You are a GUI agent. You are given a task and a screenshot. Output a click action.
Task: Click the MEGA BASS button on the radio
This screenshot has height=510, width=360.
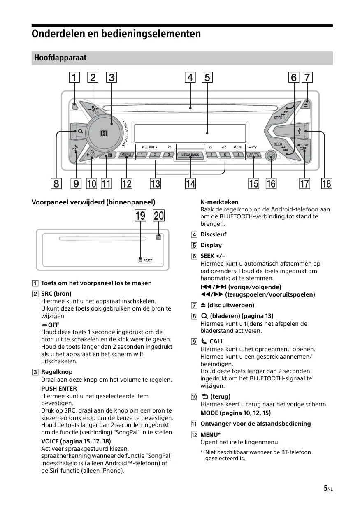pos(190,155)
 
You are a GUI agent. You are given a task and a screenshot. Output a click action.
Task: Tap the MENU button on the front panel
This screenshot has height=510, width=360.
pos(126,155)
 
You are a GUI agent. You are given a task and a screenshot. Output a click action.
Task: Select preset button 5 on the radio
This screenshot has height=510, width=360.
pos(225,155)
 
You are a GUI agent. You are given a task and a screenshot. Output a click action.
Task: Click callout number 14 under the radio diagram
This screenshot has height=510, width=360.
pos(190,183)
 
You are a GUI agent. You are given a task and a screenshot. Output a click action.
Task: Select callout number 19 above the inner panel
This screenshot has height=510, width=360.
pos(141,216)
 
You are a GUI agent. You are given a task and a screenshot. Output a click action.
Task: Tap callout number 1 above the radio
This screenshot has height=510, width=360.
pos(74,77)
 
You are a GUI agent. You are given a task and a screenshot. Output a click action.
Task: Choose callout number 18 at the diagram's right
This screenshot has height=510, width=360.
pos(326,183)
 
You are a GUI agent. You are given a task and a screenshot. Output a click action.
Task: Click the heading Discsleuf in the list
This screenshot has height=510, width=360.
pos(213,234)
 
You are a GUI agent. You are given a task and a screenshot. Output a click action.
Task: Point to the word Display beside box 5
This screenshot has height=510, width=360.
pos(211,245)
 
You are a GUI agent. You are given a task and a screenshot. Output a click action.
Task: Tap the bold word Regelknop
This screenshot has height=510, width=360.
pos(57,372)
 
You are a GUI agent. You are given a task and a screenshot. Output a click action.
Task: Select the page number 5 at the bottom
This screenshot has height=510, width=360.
pos(325,488)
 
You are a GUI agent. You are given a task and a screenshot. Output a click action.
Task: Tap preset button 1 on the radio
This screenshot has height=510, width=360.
pos(141,155)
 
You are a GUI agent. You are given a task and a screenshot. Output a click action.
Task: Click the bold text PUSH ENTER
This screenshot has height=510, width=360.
pos(59,388)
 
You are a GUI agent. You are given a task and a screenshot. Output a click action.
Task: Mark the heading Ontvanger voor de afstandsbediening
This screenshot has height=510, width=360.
pos(255,424)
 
